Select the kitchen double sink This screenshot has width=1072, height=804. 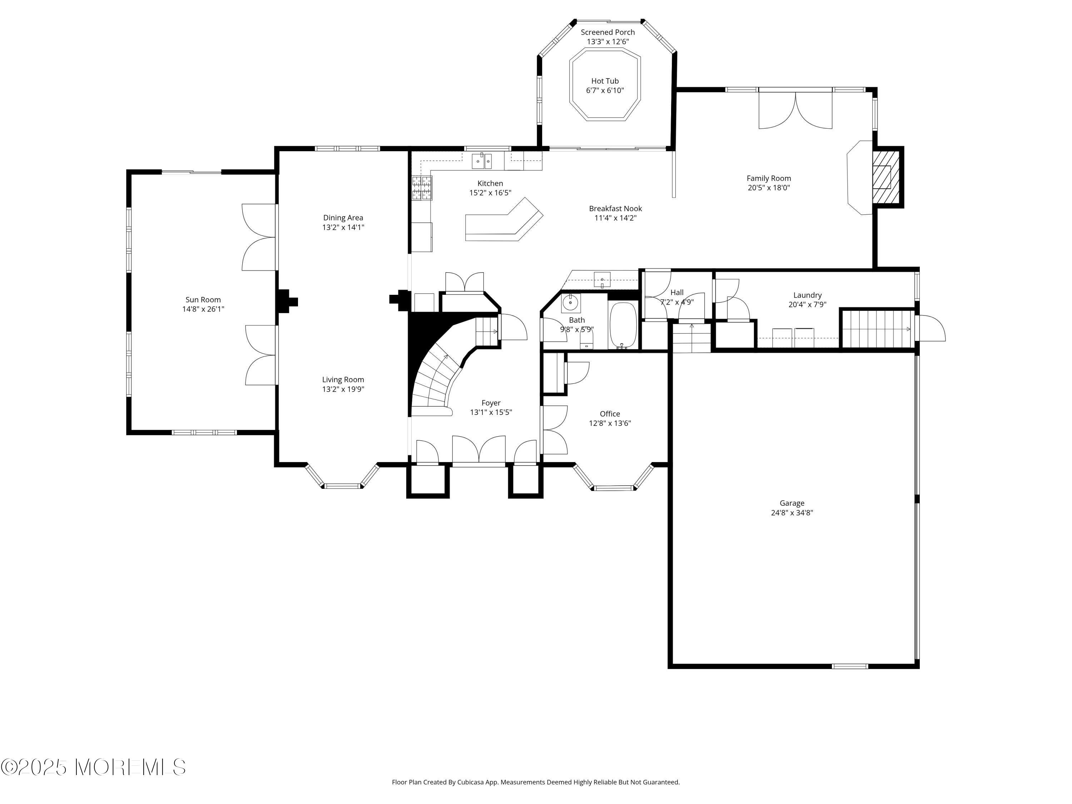click(482, 161)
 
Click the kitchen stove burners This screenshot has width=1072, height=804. click(422, 188)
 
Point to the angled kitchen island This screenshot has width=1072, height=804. click(503, 223)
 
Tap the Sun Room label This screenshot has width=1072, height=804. click(203, 299)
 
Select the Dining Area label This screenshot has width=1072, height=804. click(343, 218)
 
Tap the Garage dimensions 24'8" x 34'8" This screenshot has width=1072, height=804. click(792, 513)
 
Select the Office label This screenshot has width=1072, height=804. click(610, 413)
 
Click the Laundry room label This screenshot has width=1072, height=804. click(807, 295)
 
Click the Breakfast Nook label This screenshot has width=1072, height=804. click(615, 208)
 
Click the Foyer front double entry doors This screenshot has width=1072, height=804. click(479, 450)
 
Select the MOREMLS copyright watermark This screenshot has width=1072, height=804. click(93, 767)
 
